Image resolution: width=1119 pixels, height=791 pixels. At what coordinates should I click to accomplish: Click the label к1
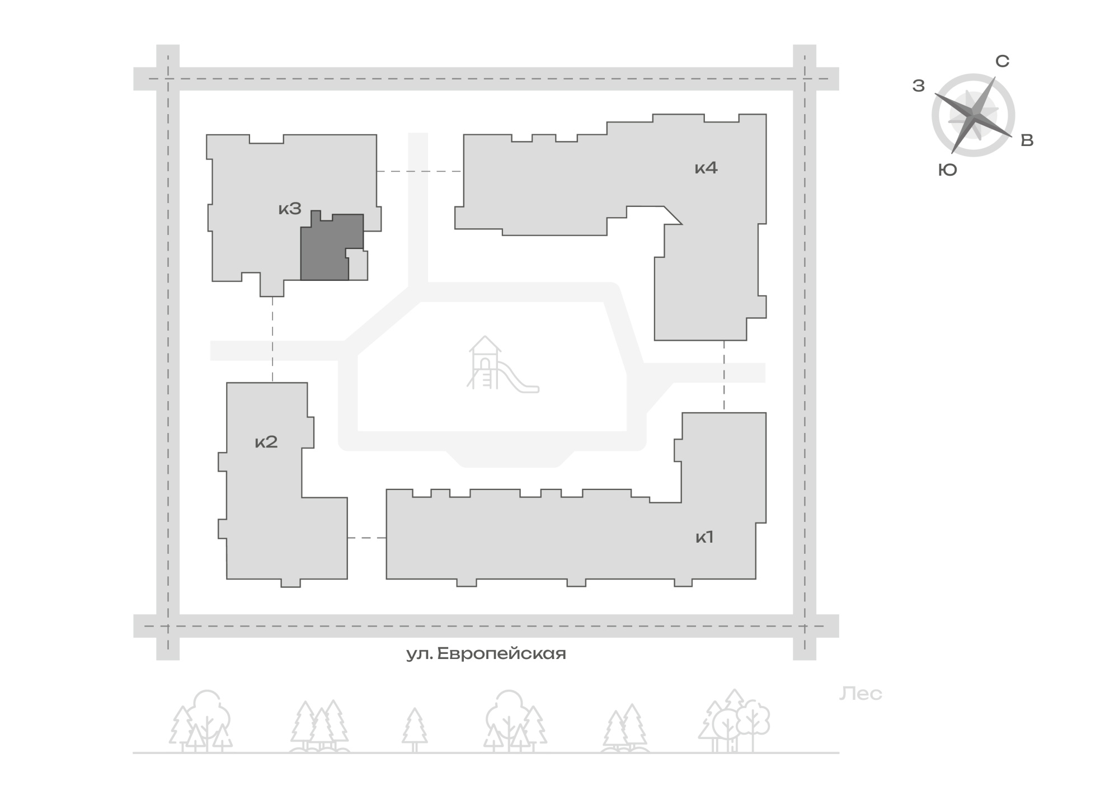coord(704,538)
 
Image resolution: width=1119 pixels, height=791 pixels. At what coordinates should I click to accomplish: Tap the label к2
coord(266,442)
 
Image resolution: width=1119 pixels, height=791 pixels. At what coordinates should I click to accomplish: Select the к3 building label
coord(290,209)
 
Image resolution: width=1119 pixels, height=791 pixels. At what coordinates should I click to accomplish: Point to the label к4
coord(706,168)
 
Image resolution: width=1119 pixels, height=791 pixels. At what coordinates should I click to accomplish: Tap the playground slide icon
coord(502,364)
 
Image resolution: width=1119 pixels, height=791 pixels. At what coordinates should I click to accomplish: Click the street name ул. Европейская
coord(486,653)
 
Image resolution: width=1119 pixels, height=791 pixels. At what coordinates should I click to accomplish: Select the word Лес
coord(861,694)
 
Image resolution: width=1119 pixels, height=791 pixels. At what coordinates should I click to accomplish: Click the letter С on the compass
coord(1002,62)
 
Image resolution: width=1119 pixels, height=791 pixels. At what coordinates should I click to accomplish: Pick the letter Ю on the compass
coord(948,170)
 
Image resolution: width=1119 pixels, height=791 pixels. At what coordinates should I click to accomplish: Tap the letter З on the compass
coord(918,86)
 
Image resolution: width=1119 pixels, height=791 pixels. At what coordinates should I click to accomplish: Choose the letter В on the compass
coord(1027,140)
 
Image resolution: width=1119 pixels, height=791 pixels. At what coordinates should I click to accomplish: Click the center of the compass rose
coord(974,115)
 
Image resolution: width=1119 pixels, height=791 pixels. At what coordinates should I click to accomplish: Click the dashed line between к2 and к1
coord(366,538)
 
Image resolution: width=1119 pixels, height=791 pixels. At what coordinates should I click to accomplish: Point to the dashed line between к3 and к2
coord(272,339)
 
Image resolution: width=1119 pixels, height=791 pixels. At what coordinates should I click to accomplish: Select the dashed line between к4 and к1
coord(724,376)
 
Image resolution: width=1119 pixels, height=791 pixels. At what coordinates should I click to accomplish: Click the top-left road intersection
coord(168,79)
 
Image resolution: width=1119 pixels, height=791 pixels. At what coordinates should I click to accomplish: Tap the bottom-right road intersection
coord(805,626)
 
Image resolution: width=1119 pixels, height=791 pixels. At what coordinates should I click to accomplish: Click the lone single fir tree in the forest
coord(415,729)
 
